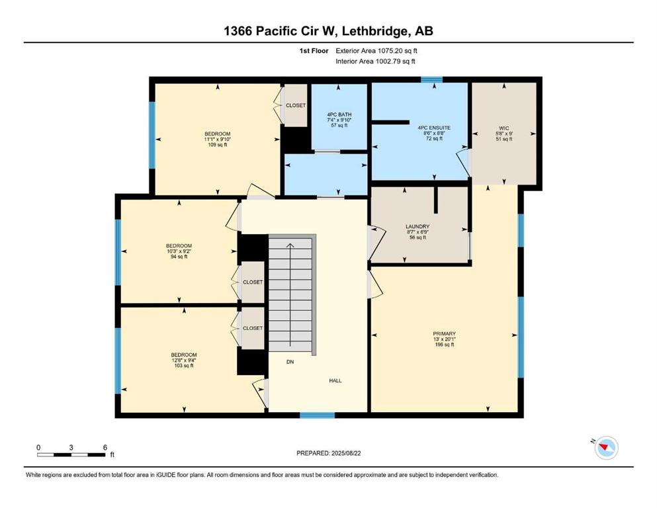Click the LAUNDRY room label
[417, 227]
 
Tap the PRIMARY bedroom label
[444, 334]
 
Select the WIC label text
[504, 128]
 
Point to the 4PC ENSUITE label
[434, 128]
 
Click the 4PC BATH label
[339, 114]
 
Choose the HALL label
[335, 381]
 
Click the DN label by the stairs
[290, 362]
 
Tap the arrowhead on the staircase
[290, 245]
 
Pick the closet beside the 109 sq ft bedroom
[296, 106]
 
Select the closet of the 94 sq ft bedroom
[253, 282]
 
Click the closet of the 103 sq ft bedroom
[253, 328]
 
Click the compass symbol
[606, 447]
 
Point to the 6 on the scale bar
[105, 447]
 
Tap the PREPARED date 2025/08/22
[345, 453]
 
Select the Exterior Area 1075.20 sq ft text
[376, 51]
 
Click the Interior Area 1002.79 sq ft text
[375, 61]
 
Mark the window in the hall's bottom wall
[317, 415]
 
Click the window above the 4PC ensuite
[431, 79]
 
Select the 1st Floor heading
[314, 51]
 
